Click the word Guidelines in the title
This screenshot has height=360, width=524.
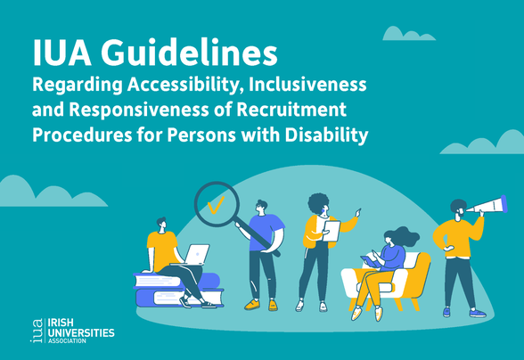coord(189,53)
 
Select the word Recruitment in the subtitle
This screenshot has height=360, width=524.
coord(291,110)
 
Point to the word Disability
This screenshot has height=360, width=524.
coord(326,135)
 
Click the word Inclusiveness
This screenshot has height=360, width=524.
coord(307,85)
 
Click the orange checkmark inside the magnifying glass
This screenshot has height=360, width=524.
coord(216,205)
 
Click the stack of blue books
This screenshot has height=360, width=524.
coord(178,290)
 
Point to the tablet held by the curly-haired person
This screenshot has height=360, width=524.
coord(331,231)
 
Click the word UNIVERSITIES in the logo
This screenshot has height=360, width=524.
coord(81,332)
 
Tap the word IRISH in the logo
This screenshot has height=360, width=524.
coord(61,323)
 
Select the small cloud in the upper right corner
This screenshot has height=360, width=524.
coord(408,34)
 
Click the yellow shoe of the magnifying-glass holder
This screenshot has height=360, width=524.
coord(252,304)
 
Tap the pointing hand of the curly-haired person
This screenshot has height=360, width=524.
coord(358,212)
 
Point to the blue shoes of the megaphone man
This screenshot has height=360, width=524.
coord(464,313)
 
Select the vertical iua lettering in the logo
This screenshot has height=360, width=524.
coord(37,331)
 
